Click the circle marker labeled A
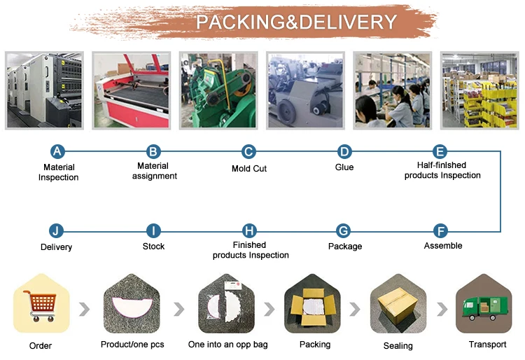pos(58,151)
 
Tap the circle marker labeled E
pos(440,151)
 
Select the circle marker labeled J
pos(56,230)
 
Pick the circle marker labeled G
pos(344,230)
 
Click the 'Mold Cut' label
pos(249,169)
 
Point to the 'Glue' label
pos(344,167)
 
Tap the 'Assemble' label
pos(443,246)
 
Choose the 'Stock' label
pos(153,247)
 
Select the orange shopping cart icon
pos(40,305)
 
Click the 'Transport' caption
pos(487,345)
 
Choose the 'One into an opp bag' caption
pos(228,345)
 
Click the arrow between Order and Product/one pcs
pos(85,309)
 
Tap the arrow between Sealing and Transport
pos(441,309)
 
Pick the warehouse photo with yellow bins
pos(479,90)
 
